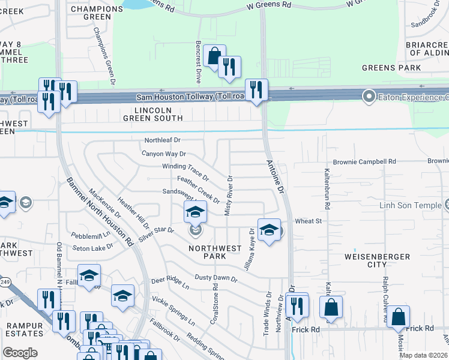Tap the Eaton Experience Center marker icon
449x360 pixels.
click(369, 96)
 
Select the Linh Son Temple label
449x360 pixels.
click(410, 205)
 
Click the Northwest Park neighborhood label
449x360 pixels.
click(215, 252)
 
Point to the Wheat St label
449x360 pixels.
click(309, 221)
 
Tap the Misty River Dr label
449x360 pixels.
click(229, 190)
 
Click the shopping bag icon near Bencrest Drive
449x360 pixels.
click(214, 56)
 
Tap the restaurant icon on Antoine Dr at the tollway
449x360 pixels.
click(256, 90)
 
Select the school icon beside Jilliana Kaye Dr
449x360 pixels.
click(269, 229)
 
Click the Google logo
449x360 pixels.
click(20, 353)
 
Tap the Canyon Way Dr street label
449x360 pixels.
click(164, 154)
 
